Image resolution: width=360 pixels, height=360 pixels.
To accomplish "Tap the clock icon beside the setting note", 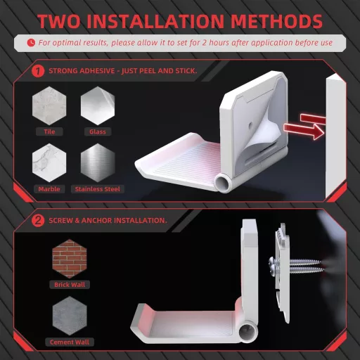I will pos(30,43).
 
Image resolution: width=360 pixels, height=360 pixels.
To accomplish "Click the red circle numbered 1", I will pos(37,71).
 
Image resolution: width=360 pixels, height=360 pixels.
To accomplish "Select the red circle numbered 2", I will pos(37,220).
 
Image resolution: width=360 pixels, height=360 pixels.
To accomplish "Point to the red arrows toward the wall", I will pos(311,124).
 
